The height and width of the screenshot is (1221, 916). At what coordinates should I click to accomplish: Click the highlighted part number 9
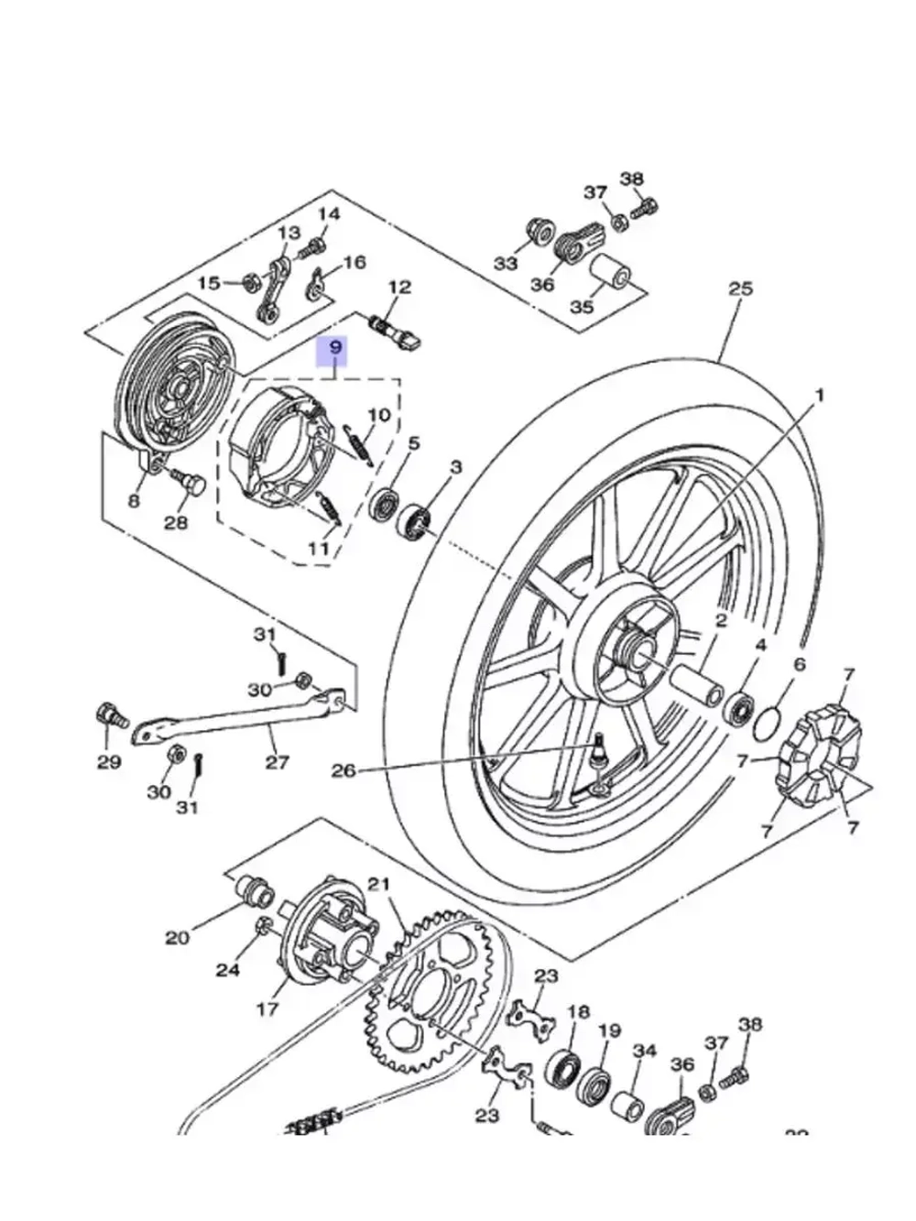click(x=335, y=348)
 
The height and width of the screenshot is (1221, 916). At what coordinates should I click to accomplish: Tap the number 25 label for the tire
click(x=740, y=289)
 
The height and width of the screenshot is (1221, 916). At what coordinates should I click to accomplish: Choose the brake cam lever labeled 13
click(x=276, y=288)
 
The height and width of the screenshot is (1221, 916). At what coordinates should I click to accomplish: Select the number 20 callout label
click(x=177, y=937)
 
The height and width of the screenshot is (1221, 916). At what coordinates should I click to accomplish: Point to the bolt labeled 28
click(x=191, y=483)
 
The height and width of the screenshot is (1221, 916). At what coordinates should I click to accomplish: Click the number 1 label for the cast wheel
click(x=820, y=395)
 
